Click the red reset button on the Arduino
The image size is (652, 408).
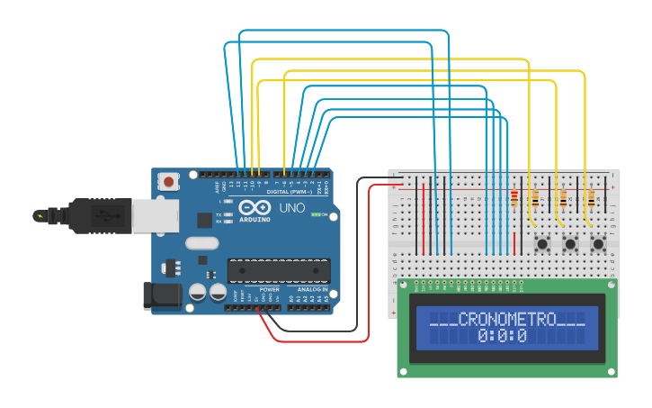[x=167, y=182]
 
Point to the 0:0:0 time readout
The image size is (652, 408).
[x=502, y=336]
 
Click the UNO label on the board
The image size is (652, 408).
[x=292, y=208]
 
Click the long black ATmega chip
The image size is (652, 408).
[x=278, y=269]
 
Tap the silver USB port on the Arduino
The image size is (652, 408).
[x=154, y=215]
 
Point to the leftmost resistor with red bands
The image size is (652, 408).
[x=514, y=198]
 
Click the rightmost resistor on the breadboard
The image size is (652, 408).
[x=590, y=198]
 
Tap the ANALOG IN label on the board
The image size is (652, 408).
[x=312, y=289]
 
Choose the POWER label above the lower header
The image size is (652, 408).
[x=269, y=289]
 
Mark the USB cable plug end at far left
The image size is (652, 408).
[x=40, y=215]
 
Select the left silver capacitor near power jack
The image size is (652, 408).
[x=197, y=292]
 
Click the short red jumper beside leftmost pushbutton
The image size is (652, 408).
[x=514, y=241]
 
